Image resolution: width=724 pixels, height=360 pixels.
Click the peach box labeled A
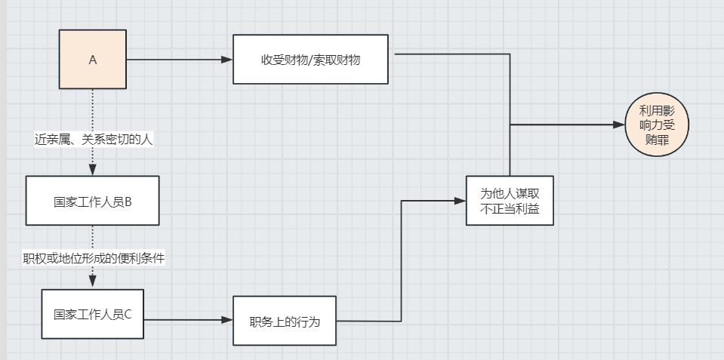point(93,60)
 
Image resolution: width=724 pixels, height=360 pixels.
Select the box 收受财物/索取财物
point(310,59)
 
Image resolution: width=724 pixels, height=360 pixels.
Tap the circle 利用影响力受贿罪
point(658,126)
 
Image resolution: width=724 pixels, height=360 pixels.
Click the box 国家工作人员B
point(92,201)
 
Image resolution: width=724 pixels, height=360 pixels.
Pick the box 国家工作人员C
point(92,314)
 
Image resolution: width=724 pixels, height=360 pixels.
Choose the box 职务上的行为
point(285,321)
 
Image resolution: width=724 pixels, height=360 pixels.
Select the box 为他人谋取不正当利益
point(510,201)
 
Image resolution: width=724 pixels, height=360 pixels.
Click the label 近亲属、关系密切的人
point(94,139)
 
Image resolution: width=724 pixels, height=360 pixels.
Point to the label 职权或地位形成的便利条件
point(94,257)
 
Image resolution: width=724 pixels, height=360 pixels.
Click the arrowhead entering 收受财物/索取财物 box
point(227,59)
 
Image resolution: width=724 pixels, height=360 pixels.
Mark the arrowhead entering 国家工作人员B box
point(93,171)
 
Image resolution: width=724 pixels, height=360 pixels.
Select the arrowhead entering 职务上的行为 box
point(227,320)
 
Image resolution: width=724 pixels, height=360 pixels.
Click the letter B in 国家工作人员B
point(128,202)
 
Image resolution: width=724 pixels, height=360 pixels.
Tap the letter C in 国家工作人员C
point(128,315)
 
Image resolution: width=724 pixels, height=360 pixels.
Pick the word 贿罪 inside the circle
point(658,140)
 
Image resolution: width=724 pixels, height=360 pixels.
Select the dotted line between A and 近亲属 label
point(93,109)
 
